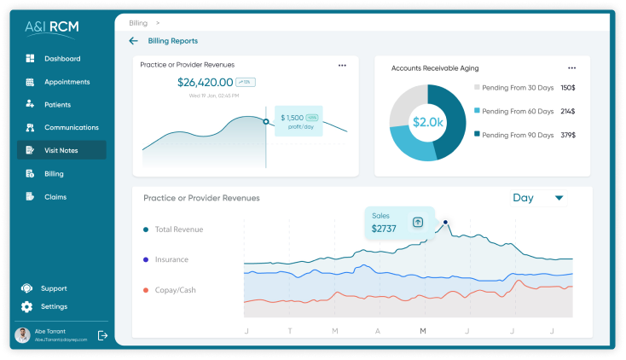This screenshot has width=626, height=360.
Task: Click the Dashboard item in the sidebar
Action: point(61,59)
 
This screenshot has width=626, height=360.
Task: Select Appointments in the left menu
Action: point(67,82)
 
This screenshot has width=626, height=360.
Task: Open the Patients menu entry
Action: point(57,105)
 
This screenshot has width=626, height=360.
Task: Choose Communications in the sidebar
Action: point(71,128)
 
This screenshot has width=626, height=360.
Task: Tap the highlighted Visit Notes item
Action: point(62,150)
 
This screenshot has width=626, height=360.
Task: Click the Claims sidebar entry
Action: point(55,197)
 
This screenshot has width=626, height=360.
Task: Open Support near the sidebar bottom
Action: point(53,288)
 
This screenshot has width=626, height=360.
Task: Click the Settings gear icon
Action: point(27,307)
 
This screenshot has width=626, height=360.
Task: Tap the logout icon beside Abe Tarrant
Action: point(102,335)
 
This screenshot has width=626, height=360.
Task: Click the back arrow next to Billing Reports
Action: point(133,41)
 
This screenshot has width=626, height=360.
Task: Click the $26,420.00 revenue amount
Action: point(205,83)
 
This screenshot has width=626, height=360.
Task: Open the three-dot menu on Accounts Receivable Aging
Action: point(572,67)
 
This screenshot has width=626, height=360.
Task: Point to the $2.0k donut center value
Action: point(428,122)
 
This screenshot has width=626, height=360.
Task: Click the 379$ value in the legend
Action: point(568,135)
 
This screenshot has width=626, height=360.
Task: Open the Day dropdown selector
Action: point(537,198)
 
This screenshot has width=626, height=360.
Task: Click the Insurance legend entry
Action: point(171,259)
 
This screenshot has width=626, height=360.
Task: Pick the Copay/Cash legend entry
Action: point(174,290)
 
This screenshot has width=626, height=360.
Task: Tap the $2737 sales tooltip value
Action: point(385,229)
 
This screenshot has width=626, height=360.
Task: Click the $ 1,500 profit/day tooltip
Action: point(299,121)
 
